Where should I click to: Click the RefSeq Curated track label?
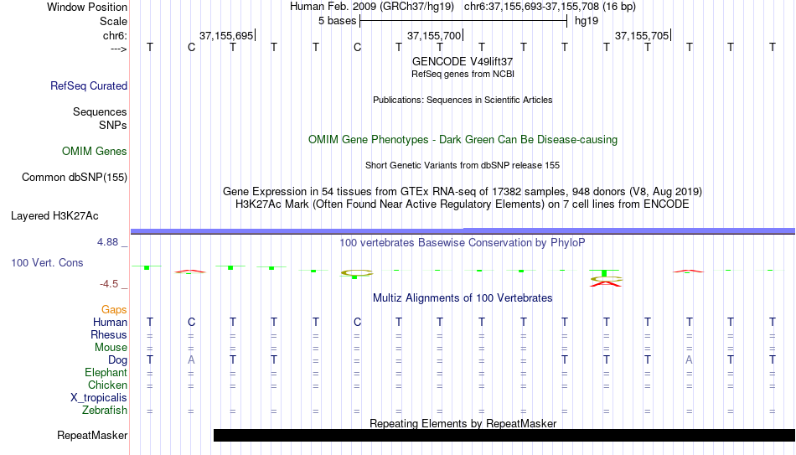[89, 85]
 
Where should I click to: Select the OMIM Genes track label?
[95, 152]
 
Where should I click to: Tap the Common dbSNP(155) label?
[75, 178]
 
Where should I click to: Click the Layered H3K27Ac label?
[54, 216]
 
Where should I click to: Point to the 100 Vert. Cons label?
[47, 263]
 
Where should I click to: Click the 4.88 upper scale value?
[108, 242]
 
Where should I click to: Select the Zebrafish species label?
[105, 411]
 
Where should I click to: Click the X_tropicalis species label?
[99, 398]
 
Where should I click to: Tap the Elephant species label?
[106, 373]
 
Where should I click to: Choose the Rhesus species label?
[109, 335]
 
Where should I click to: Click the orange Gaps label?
[114, 310]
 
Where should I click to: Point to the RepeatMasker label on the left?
[92, 435]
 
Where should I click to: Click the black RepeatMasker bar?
[504, 435]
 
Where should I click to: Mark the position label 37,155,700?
[433, 35]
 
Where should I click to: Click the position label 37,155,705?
[642, 35]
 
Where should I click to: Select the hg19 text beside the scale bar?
[587, 21]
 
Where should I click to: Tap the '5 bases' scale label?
[337, 21]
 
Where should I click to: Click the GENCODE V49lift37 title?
[463, 61]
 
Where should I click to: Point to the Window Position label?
[87, 7]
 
